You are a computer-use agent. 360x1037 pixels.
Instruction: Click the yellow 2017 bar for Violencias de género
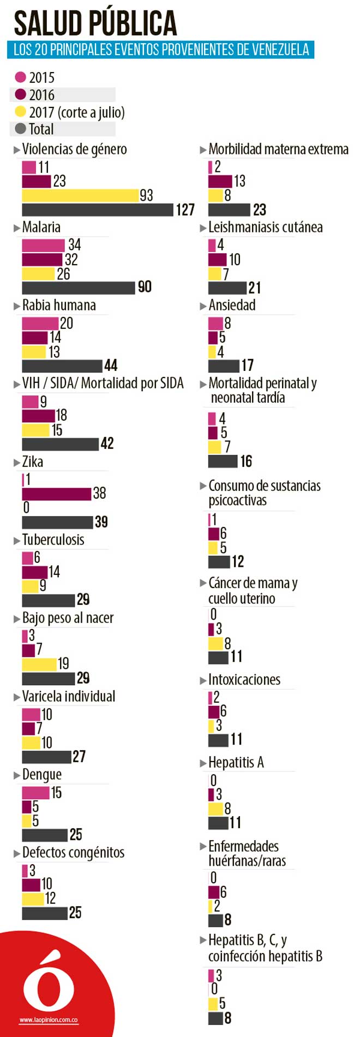[80, 195]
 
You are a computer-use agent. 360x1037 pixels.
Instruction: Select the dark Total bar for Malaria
[78, 287]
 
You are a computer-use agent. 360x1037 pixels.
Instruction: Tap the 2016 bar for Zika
[56, 494]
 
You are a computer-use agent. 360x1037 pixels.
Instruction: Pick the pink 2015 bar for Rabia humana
[40, 323]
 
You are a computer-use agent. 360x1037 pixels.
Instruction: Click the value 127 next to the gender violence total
[185, 210]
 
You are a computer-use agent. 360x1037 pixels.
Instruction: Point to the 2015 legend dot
[21, 77]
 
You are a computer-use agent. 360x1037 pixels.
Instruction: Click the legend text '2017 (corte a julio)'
[77, 112]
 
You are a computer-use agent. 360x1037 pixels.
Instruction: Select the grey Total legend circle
[21, 129]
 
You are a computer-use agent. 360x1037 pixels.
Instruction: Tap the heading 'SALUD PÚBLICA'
[95, 23]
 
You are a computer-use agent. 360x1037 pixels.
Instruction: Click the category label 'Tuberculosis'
[53, 540]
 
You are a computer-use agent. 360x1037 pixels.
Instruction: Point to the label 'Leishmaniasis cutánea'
[265, 227]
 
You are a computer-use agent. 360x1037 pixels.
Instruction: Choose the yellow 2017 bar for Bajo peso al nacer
[39, 664]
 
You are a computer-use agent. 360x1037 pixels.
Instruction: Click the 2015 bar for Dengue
[35, 793]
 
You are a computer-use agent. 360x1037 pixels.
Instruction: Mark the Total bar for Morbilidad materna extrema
[229, 210]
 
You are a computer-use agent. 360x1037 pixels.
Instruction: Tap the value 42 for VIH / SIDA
[107, 443]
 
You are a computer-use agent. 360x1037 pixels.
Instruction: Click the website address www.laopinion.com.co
[49, 1020]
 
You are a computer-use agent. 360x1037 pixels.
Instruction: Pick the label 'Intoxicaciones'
[244, 680]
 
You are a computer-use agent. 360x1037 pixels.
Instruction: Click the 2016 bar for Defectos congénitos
[31, 884]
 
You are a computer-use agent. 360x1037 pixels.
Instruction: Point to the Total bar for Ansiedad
[224, 365]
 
